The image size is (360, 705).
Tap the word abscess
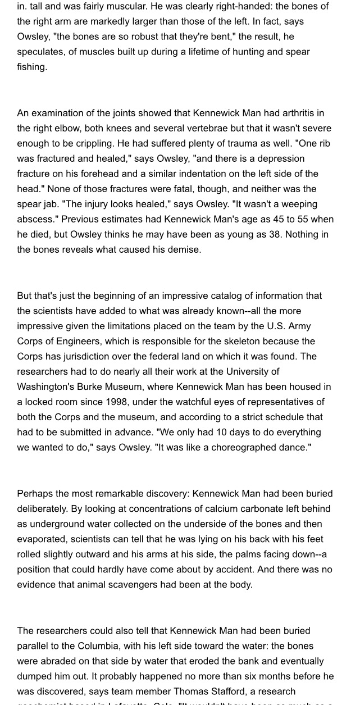tap(36, 219)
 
